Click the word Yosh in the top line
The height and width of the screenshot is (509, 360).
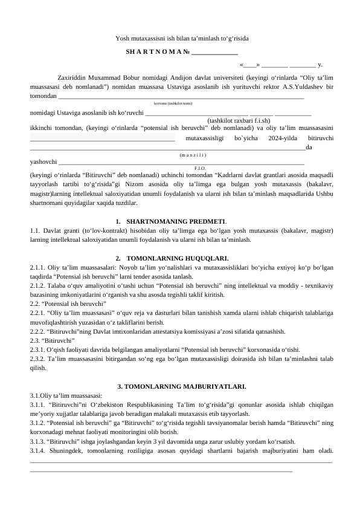pos(123,39)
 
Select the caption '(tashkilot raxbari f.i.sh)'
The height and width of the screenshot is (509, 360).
pos(239,120)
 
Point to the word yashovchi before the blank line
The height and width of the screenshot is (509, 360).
pos(43,162)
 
